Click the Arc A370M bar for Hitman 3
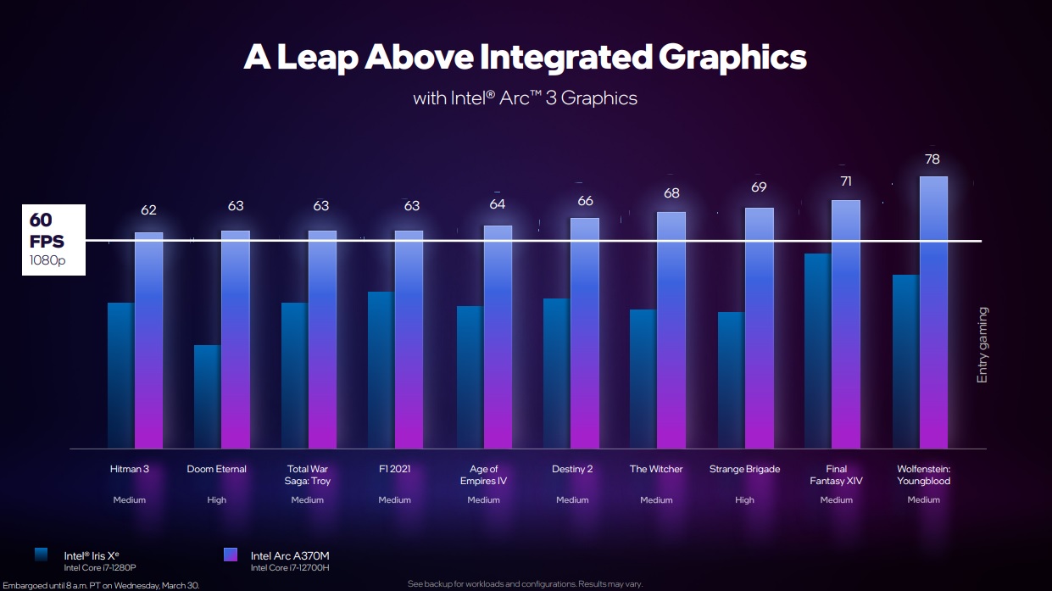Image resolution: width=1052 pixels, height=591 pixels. pos(148,339)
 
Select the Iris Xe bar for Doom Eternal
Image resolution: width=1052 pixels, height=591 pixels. pos(207,396)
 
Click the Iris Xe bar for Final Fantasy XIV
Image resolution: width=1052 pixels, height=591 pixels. pos(817,350)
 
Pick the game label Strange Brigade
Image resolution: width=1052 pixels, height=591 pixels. pos(744,469)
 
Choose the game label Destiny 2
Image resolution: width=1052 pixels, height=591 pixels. pos(572,469)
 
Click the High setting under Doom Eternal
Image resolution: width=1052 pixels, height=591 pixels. pos(217,500)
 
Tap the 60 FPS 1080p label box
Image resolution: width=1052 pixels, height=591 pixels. pos(53,240)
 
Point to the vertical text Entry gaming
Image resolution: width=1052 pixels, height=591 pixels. pos(982,345)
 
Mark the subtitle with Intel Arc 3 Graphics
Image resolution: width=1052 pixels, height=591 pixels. pos(525,98)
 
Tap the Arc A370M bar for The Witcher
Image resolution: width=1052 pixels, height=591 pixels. pos(671,330)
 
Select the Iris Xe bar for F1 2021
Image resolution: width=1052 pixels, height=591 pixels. pos(381,370)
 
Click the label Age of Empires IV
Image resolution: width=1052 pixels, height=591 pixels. pos(483,475)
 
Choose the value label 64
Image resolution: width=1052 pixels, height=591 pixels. pos(497,204)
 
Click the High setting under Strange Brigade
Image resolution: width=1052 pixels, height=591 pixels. pos(744,500)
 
